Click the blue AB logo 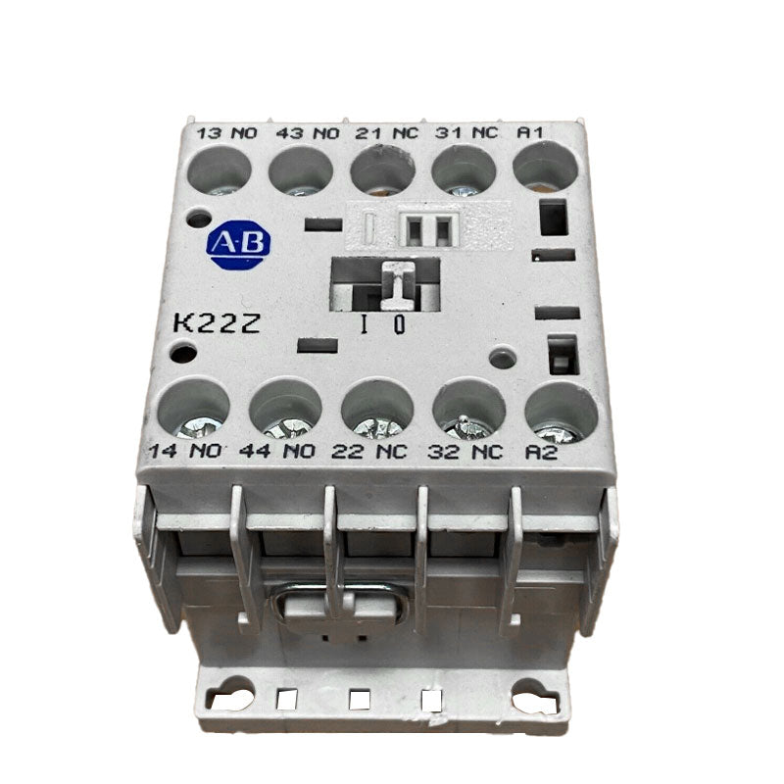pos(239,244)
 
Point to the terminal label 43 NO pos(298,133)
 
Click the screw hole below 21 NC pos(383,171)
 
